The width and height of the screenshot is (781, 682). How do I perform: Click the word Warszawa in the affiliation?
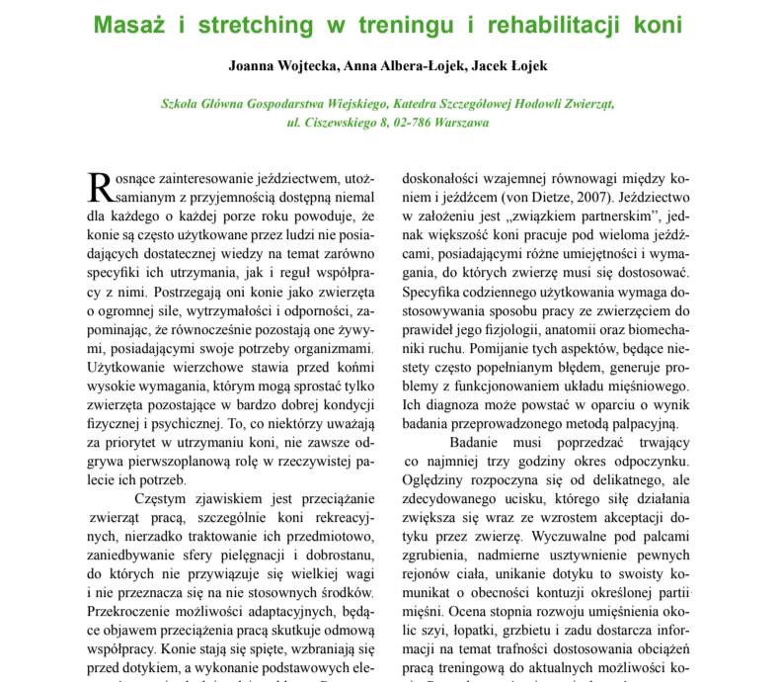pyautogui.click(x=455, y=124)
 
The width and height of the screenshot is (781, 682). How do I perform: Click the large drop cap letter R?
pyautogui.click(x=99, y=186)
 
